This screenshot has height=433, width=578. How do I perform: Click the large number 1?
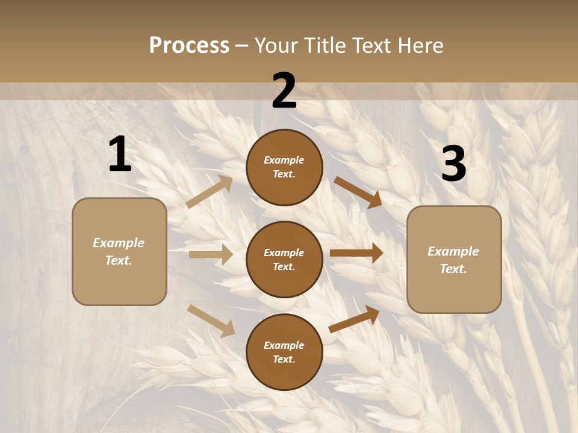point(120,155)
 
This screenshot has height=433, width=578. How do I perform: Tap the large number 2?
point(284,91)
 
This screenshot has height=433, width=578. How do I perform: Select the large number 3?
point(453,164)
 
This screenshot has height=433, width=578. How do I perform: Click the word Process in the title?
point(189,45)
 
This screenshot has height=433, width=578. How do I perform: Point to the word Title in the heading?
point(326,45)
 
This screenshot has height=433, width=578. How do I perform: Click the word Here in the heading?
point(420,45)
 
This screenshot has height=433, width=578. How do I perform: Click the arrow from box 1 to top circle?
point(210,192)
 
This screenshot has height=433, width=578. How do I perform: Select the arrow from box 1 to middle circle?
point(211,254)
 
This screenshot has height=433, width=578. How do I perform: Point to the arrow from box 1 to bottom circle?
point(211,321)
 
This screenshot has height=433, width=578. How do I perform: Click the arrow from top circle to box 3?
point(358,192)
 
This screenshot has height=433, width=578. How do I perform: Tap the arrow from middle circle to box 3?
point(356,253)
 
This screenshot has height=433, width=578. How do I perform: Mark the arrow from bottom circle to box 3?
point(354,319)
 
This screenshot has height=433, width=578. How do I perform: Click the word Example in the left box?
point(119,243)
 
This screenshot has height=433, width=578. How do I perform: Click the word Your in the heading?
point(277,45)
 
